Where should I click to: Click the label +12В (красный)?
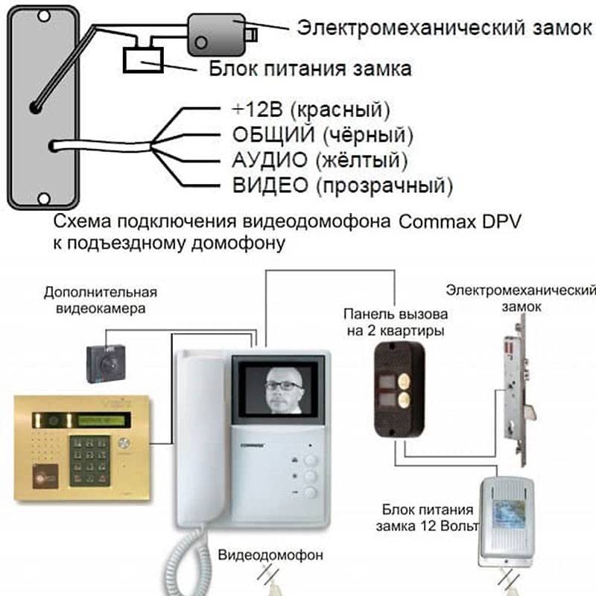tap(310, 110)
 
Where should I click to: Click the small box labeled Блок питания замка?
tap(145, 59)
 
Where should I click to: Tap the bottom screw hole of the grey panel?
tap(42, 200)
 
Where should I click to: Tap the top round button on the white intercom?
tap(310, 460)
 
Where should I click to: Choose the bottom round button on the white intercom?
tap(310, 492)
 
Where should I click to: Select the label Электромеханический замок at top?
tap(444, 28)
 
